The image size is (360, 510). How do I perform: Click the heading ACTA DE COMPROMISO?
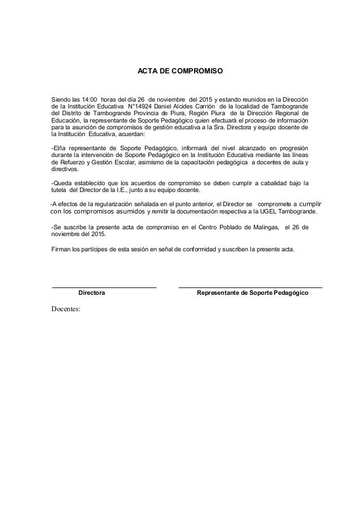(x=181, y=72)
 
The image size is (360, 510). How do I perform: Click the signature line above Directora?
(x=104, y=288)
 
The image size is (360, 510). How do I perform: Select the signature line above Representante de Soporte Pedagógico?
(x=250, y=288)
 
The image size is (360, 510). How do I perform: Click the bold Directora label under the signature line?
(x=91, y=294)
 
